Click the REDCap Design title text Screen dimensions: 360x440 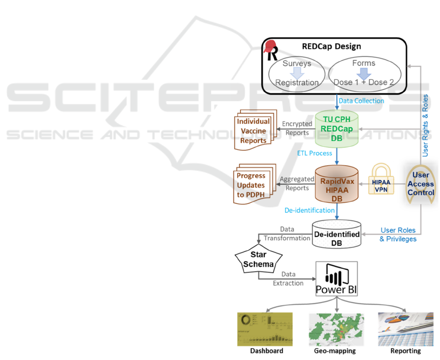(x=331, y=47)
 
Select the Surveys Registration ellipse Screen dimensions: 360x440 (x=297, y=74)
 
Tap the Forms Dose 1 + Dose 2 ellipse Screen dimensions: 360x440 (x=364, y=74)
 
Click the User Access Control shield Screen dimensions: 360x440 (x=420, y=184)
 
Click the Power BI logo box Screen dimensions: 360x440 (x=336, y=279)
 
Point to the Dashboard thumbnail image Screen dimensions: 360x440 (x=264, y=329)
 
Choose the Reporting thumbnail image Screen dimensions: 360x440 (x=405, y=329)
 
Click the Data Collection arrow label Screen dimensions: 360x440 (x=361, y=100)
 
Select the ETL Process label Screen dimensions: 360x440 (x=314, y=153)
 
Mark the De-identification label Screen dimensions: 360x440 (x=310, y=210)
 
